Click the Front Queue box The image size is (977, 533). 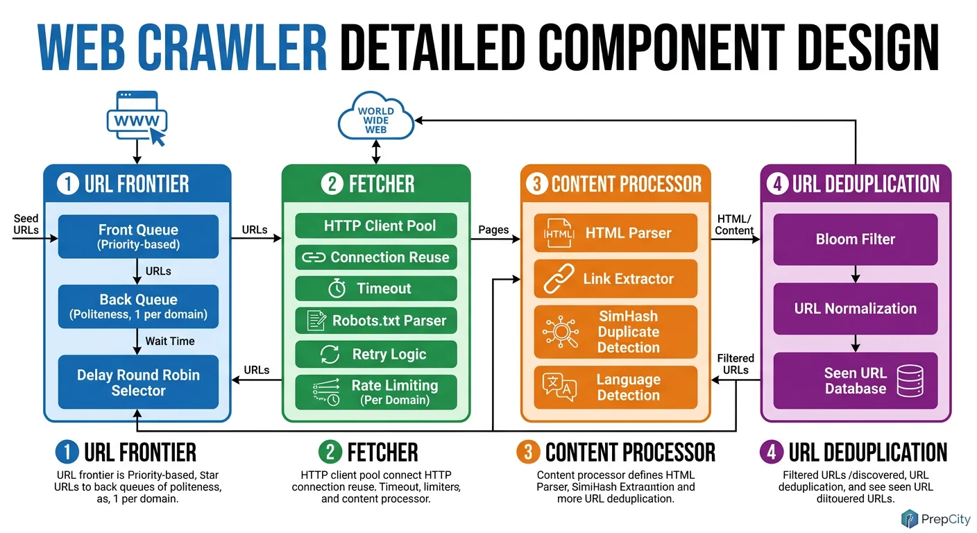138,237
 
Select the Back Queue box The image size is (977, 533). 138,306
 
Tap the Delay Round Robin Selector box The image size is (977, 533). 138,382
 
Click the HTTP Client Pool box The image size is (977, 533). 376,226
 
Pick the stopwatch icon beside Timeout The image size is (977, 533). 337,289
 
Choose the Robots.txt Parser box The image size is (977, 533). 376,321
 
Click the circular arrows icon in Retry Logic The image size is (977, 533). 329,354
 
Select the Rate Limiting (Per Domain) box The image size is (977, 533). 376,392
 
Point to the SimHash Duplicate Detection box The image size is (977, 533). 615,332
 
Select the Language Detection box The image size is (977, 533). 615,387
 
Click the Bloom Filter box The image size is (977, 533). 855,239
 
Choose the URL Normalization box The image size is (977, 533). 855,309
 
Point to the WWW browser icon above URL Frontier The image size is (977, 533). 137,119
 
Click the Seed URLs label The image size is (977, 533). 26,224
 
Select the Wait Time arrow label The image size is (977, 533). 169,341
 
